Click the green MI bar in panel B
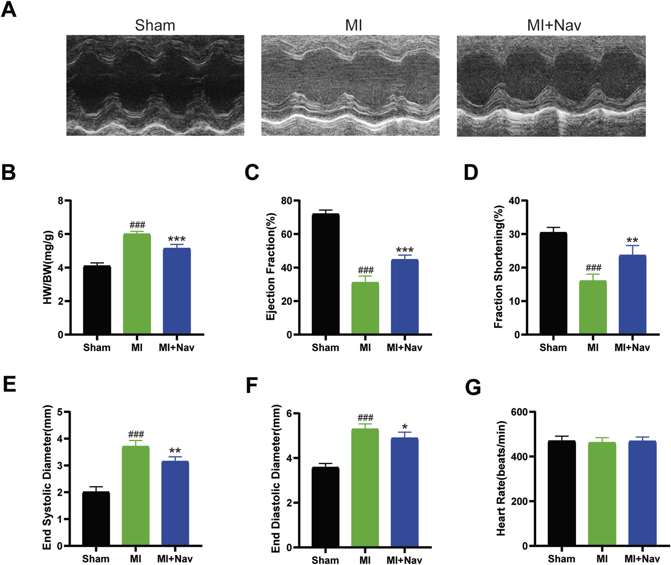coord(137,284)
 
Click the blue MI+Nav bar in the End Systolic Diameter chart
coord(175,503)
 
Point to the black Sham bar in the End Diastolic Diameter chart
coord(325,507)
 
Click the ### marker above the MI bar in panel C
coord(365,270)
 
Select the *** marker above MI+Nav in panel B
coord(176,239)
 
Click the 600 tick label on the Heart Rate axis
coord(519,412)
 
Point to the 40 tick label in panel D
coord(514,201)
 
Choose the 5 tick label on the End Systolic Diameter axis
coord(60,412)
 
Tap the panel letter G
coord(473,387)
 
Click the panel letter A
coord(9,9)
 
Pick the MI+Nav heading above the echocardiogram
coord(554,25)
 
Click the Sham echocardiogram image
coord(155,85)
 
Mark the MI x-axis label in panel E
coord(135,559)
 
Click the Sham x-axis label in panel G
coord(561,559)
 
